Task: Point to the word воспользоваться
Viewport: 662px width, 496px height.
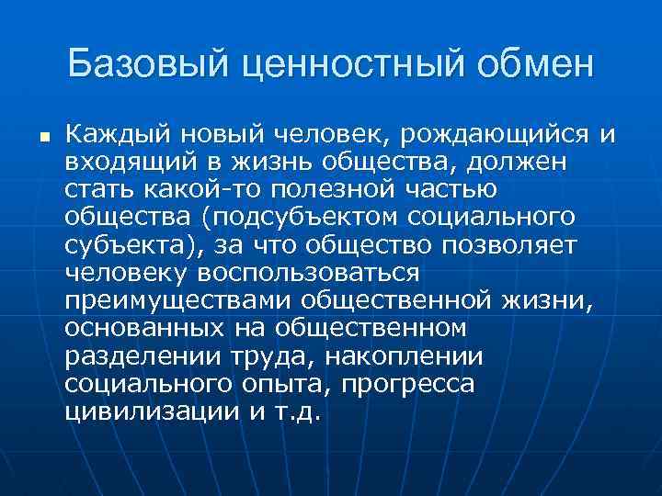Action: click(304, 273)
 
